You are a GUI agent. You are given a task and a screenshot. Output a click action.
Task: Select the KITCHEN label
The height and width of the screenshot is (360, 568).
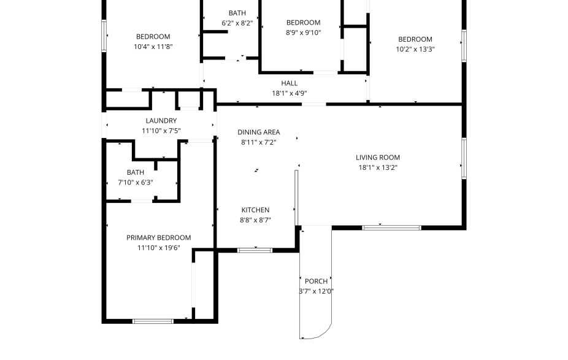pyautogui.click(x=255, y=210)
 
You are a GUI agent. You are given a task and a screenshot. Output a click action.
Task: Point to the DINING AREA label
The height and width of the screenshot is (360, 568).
pyautogui.click(x=259, y=132)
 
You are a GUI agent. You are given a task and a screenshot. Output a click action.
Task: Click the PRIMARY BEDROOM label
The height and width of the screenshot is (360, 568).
pyautogui.click(x=158, y=238)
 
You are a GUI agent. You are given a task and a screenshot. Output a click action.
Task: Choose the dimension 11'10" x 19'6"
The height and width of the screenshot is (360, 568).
pyautogui.click(x=158, y=248)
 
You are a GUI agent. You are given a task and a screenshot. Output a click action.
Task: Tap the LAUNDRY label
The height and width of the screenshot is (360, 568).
pyautogui.click(x=161, y=121)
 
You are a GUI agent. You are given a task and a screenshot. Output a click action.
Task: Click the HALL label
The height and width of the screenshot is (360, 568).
pyautogui.click(x=290, y=83)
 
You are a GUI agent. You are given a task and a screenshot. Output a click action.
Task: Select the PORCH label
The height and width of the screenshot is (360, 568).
pyautogui.click(x=316, y=281)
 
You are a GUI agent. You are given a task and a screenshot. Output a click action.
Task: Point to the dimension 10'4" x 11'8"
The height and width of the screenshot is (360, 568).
pyautogui.click(x=153, y=47)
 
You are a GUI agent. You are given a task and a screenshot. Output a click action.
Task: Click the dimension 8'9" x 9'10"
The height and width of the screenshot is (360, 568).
pyautogui.click(x=303, y=33)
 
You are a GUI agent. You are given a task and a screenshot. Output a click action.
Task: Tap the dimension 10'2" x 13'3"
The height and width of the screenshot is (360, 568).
pyautogui.click(x=415, y=50)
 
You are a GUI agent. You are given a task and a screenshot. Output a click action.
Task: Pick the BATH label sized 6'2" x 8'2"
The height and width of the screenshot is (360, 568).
pyautogui.click(x=237, y=13)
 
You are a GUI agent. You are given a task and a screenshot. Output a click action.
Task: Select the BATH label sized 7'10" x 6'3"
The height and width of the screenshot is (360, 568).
pyautogui.click(x=136, y=172)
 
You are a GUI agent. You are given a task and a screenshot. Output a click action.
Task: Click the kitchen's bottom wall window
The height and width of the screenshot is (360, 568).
pyautogui.click(x=255, y=250)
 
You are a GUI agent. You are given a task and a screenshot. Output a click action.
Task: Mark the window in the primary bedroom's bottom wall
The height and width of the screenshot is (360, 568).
pyautogui.click(x=153, y=320)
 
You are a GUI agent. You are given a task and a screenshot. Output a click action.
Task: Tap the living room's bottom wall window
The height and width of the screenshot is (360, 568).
pyautogui.click(x=391, y=228)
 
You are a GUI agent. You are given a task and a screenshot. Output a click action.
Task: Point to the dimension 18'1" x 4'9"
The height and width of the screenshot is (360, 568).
pyautogui.click(x=290, y=93)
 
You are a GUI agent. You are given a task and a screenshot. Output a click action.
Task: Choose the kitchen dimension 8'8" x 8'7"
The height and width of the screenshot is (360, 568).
pyautogui.click(x=255, y=220)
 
